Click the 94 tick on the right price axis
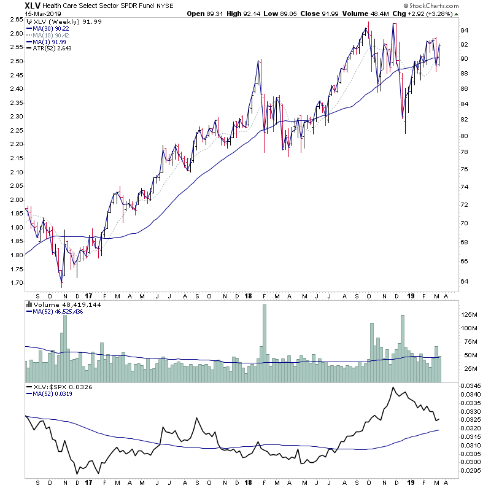click(x=465, y=30)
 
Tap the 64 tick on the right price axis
click(x=465, y=282)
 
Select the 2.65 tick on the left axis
click(x=16, y=20)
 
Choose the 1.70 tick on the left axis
click(x=16, y=283)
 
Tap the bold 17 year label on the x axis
click(x=89, y=295)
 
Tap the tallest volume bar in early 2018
click(x=265, y=344)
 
